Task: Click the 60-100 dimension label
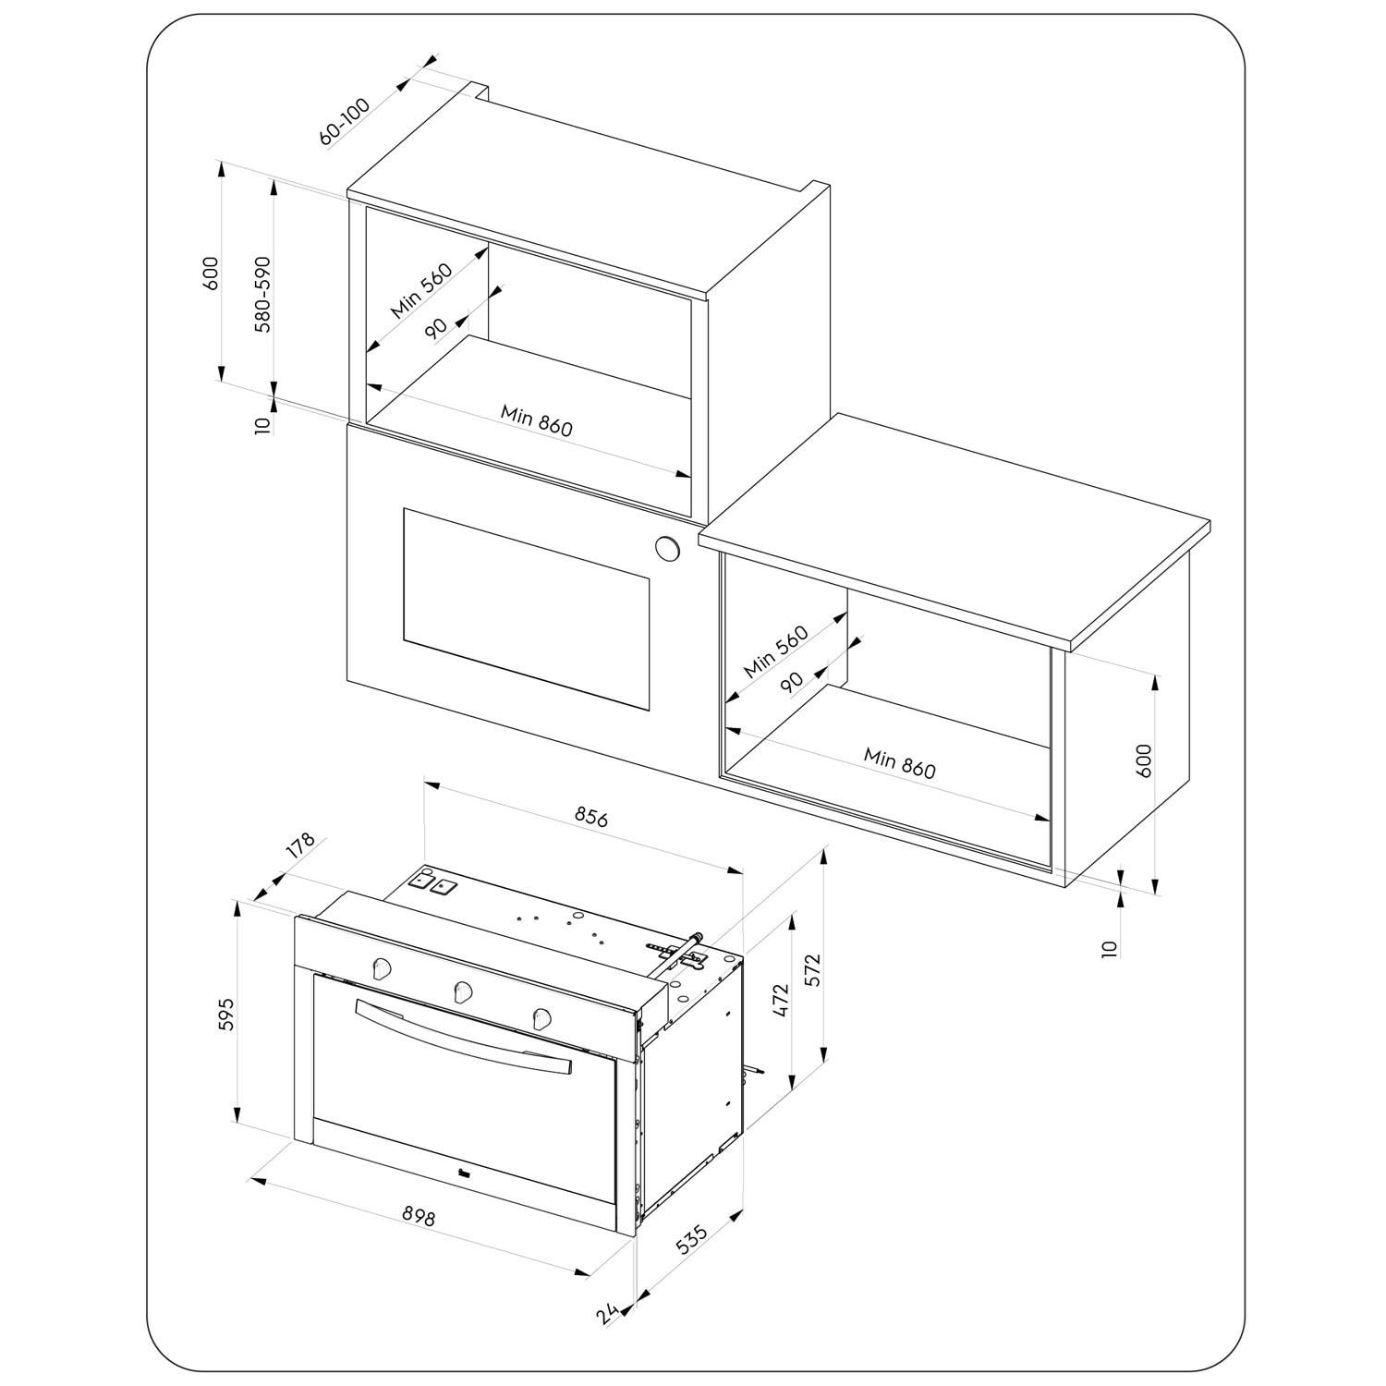pos(345,121)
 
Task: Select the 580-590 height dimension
pos(263,295)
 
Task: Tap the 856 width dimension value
pos(591,817)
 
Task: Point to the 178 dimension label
pos(300,847)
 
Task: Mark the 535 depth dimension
pos(691,1239)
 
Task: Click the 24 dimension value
pos(606,1314)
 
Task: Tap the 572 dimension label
pos(812,970)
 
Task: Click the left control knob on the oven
pos(380,967)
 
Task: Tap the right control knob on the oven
pos(542,1018)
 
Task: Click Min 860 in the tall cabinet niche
pos(537,420)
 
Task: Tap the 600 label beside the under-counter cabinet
pos(1144,760)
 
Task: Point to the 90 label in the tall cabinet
pos(436,328)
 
